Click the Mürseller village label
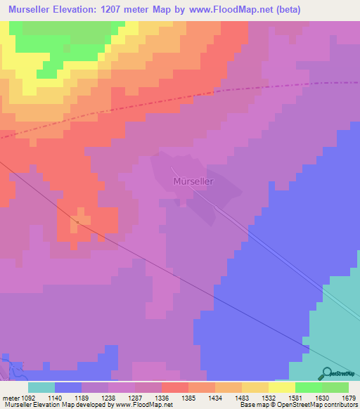click(193, 181)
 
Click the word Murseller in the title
click(35, 9)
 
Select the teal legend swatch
click(41, 387)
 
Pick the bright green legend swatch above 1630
click(308, 387)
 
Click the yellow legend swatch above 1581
click(281, 387)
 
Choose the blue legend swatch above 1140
click(67, 387)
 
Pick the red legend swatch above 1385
click(174, 387)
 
